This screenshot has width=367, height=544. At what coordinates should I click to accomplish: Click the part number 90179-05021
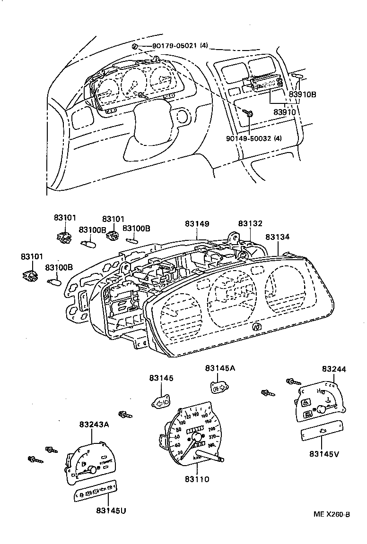(x=174, y=46)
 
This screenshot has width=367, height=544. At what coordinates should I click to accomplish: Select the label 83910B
(x=302, y=94)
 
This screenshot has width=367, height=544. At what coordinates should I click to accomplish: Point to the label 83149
(x=197, y=224)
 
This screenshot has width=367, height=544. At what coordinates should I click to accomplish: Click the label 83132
(x=250, y=224)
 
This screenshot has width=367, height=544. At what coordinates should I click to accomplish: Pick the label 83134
(x=277, y=237)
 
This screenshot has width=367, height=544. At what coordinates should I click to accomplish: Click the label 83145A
(x=219, y=368)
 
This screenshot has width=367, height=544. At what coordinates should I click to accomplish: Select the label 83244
(x=334, y=369)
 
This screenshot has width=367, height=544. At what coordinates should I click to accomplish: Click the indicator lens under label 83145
(x=161, y=402)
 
